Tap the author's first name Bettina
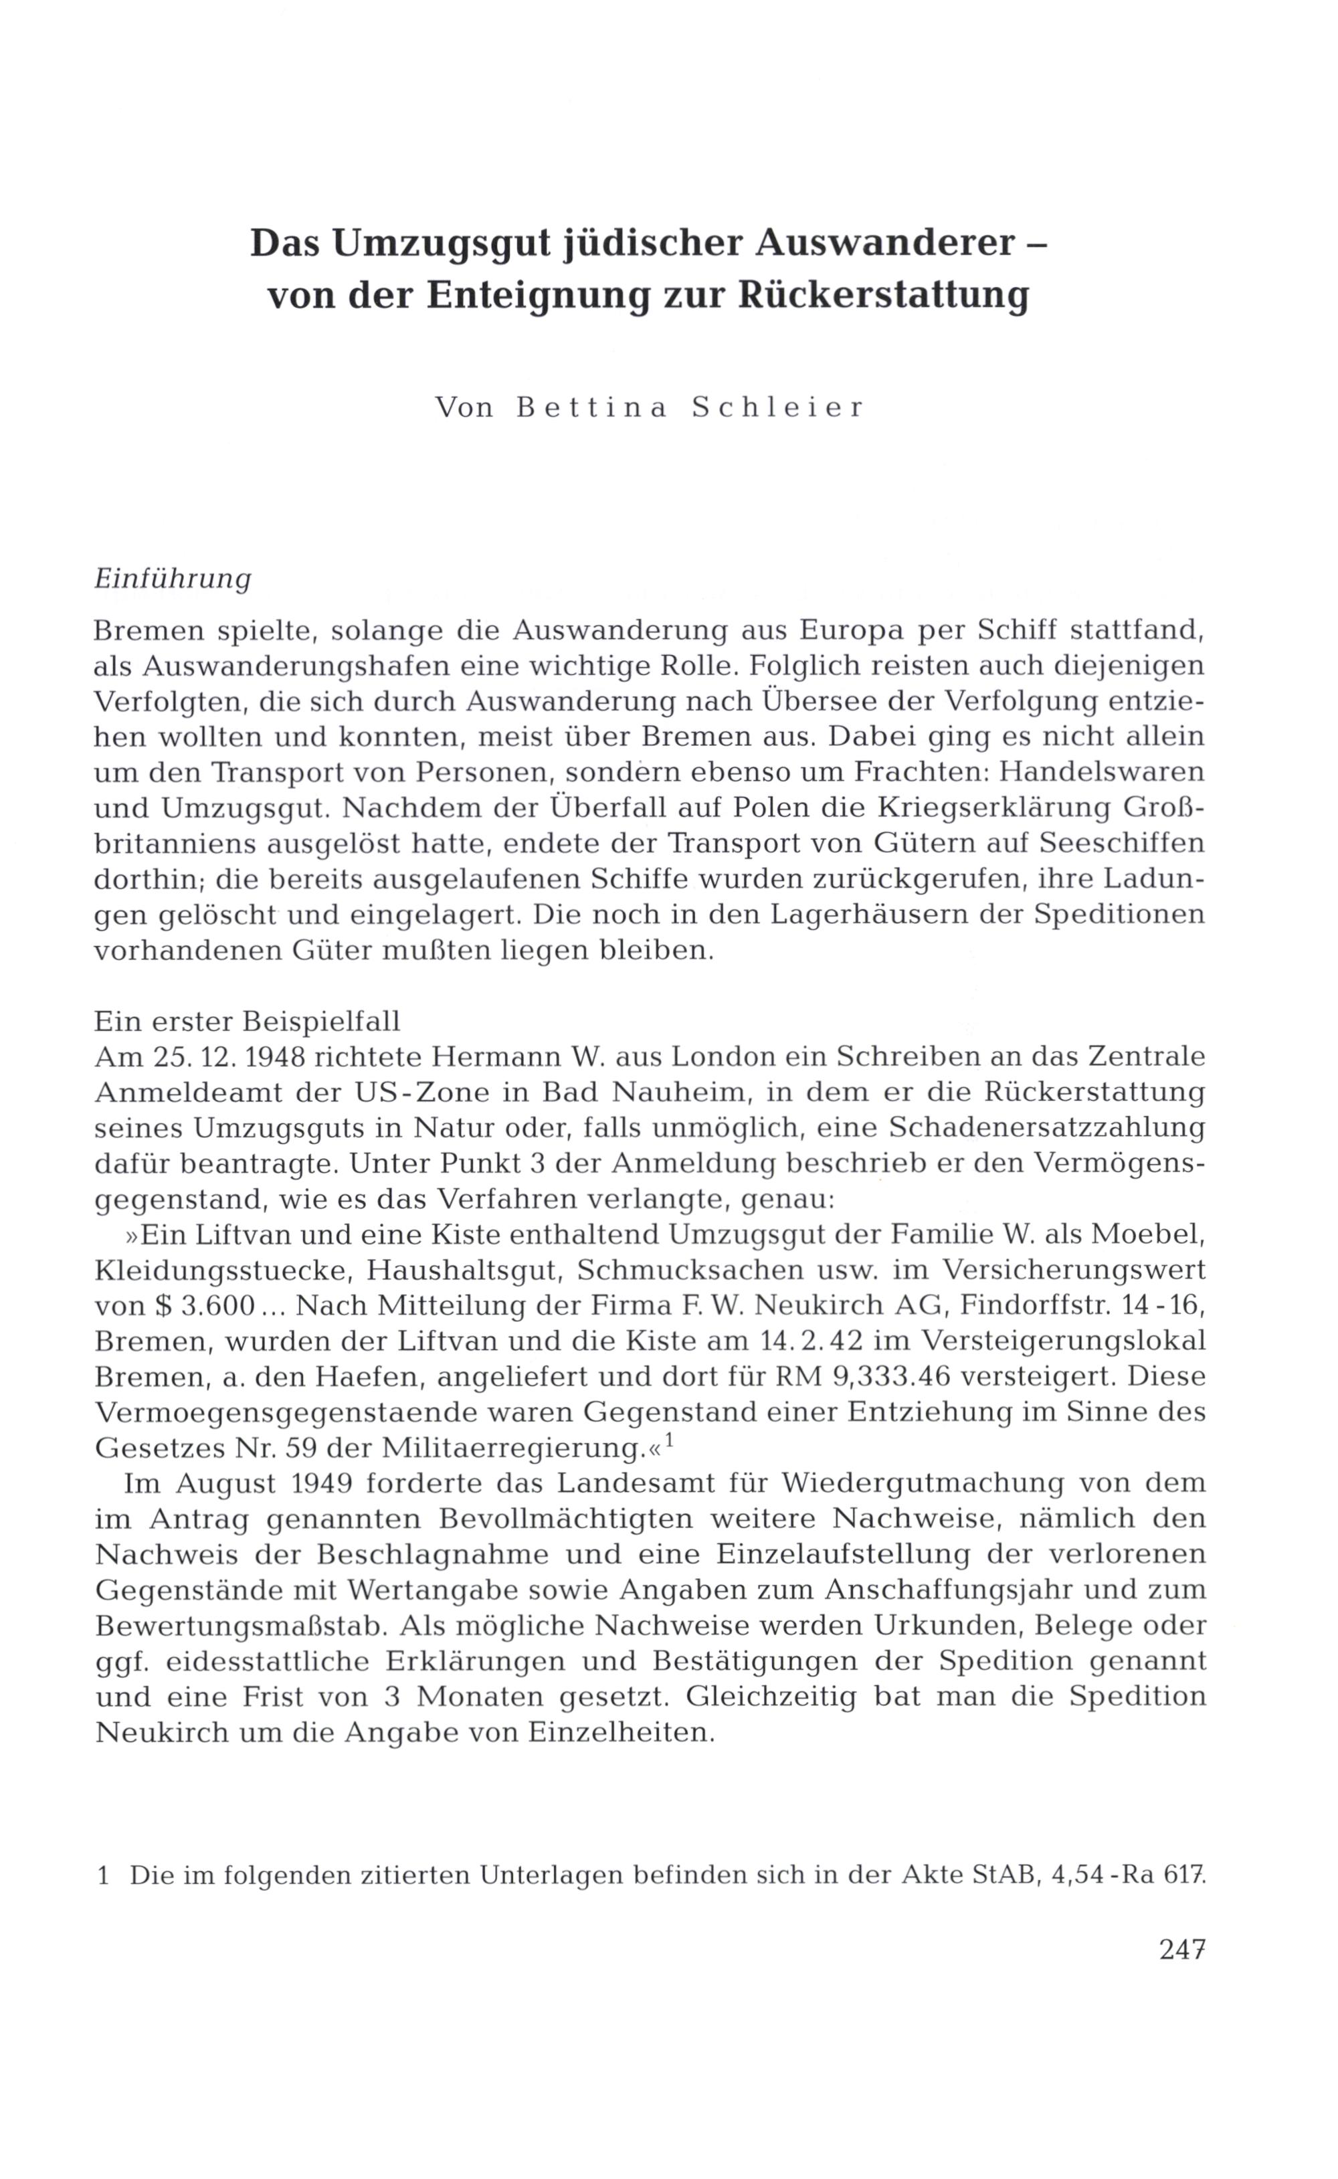591,408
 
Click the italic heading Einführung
173,579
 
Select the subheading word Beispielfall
322,1021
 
